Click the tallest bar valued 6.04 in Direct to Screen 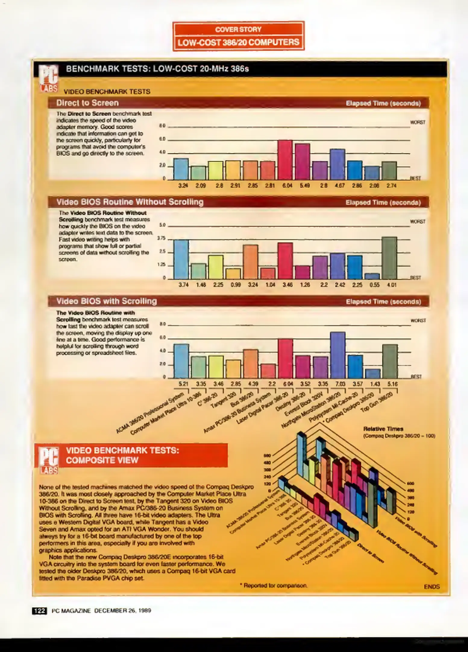click(285, 160)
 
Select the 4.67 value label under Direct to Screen click(340, 186)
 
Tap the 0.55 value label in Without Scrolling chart click(374, 285)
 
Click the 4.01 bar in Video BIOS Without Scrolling click(389, 258)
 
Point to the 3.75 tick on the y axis click(162, 238)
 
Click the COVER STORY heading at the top click(238, 29)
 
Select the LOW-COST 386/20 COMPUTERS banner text click(238, 42)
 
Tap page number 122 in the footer click(39, 611)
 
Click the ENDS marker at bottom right click(432, 587)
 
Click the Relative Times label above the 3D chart click(383, 429)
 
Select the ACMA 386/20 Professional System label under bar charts click(150, 414)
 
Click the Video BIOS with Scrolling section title click(107, 301)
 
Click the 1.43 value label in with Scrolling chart click(375, 384)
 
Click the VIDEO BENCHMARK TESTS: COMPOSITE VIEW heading click(122, 455)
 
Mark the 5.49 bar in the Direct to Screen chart click(303, 162)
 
